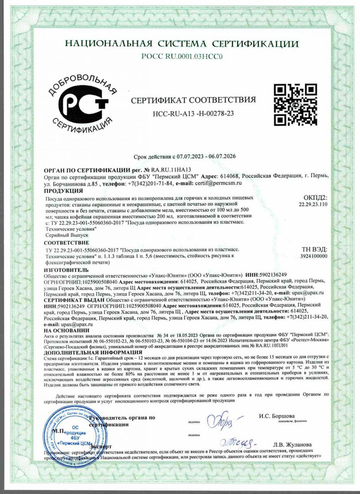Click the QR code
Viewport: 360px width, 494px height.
pyautogui.click(x=295, y=105)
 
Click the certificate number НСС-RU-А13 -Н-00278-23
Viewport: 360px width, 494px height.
pyautogui.click(x=193, y=113)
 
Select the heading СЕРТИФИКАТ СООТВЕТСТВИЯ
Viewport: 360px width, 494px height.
pyautogui.click(x=193, y=100)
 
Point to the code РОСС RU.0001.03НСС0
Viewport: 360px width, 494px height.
pyautogui.click(x=182, y=57)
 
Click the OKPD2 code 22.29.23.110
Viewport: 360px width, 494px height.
pyautogui.click(x=313, y=204)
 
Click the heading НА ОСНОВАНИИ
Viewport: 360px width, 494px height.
pyautogui.click(x=66, y=330)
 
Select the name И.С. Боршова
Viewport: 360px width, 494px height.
pyautogui.click(x=277, y=416)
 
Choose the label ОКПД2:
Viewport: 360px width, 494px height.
pyautogui.click(x=315, y=198)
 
